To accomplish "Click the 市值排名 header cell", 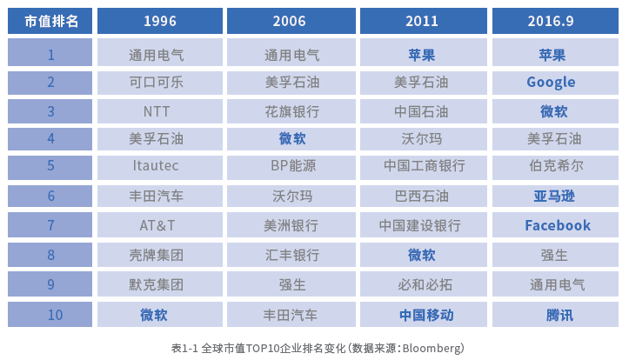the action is tap(50, 21).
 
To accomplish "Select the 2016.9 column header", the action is tap(555, 21).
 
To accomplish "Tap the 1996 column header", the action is tap(160, 21).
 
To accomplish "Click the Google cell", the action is tap(555, 83).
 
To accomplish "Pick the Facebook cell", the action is tap(555, 225).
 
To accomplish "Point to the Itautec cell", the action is tap(160, 166).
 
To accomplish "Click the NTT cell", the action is tap(160, 111).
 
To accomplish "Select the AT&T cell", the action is tap(160, 225).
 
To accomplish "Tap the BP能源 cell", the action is tap(291, 166).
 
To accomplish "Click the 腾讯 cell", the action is tap(555, 315).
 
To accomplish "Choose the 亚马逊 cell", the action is tap(555, 196).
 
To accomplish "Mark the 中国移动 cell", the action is tap(423, 315).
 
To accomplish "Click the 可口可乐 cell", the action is tap(160, 83).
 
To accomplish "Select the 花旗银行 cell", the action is tap(291, 111).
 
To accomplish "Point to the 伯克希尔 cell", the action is tap(555, 166).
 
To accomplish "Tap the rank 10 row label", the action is tap(50, 315).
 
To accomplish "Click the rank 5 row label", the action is tap(50, 166).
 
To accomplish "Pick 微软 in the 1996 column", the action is tap(160, 315).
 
